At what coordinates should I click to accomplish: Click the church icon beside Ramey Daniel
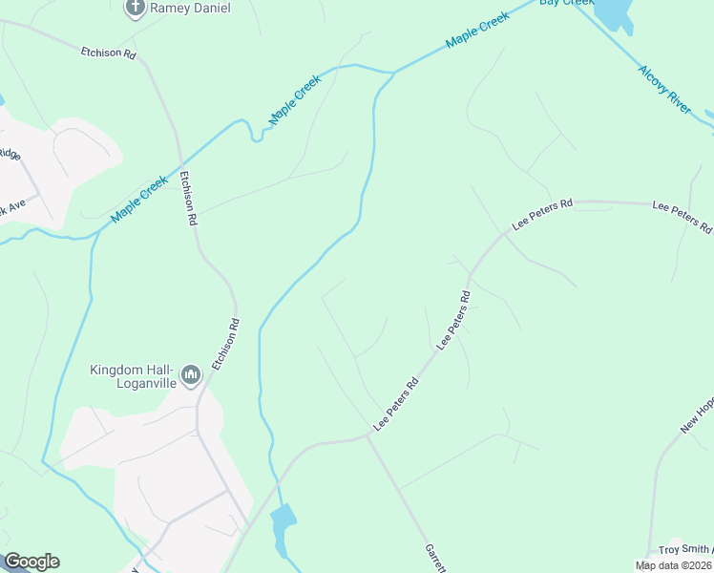[135, 10]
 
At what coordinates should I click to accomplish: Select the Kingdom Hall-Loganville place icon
[190, 376]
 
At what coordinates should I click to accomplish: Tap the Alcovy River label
[664, 91]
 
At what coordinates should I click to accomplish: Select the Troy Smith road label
[685, 550]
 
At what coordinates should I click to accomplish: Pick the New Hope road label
[698, 415]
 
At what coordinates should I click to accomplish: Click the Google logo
[31, 562]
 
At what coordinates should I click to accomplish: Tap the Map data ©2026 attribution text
[674, 565]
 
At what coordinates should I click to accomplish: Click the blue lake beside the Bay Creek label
[614, 11]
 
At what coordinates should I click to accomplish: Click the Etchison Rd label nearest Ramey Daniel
[108, 53]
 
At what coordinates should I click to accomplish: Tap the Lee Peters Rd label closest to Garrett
[396, 405]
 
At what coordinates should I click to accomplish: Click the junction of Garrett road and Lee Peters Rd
[369, 436]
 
